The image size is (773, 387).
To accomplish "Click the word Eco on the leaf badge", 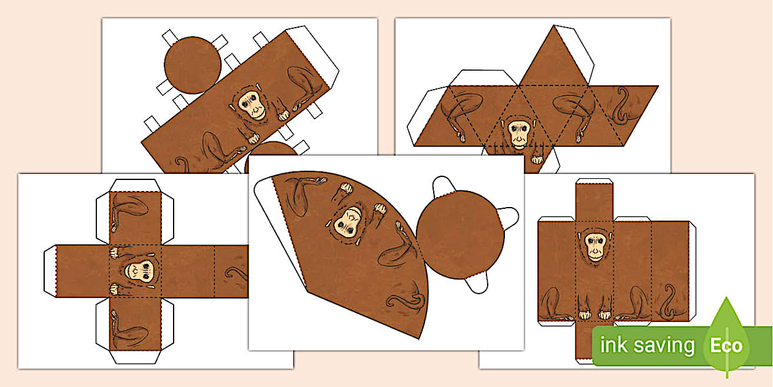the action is click(x=726, y=345).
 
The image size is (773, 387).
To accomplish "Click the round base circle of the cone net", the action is click(x=460, y=235).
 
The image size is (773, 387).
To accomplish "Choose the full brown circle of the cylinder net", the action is click(x=192, y=65).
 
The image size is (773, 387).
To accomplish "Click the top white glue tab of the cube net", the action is click(x=135, y=186).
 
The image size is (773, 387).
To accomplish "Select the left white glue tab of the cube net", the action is click(x=50, y=272).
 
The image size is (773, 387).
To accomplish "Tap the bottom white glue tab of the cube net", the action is click(x=135, y=357).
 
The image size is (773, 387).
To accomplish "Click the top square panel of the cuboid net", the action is click(x=594, y=203).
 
